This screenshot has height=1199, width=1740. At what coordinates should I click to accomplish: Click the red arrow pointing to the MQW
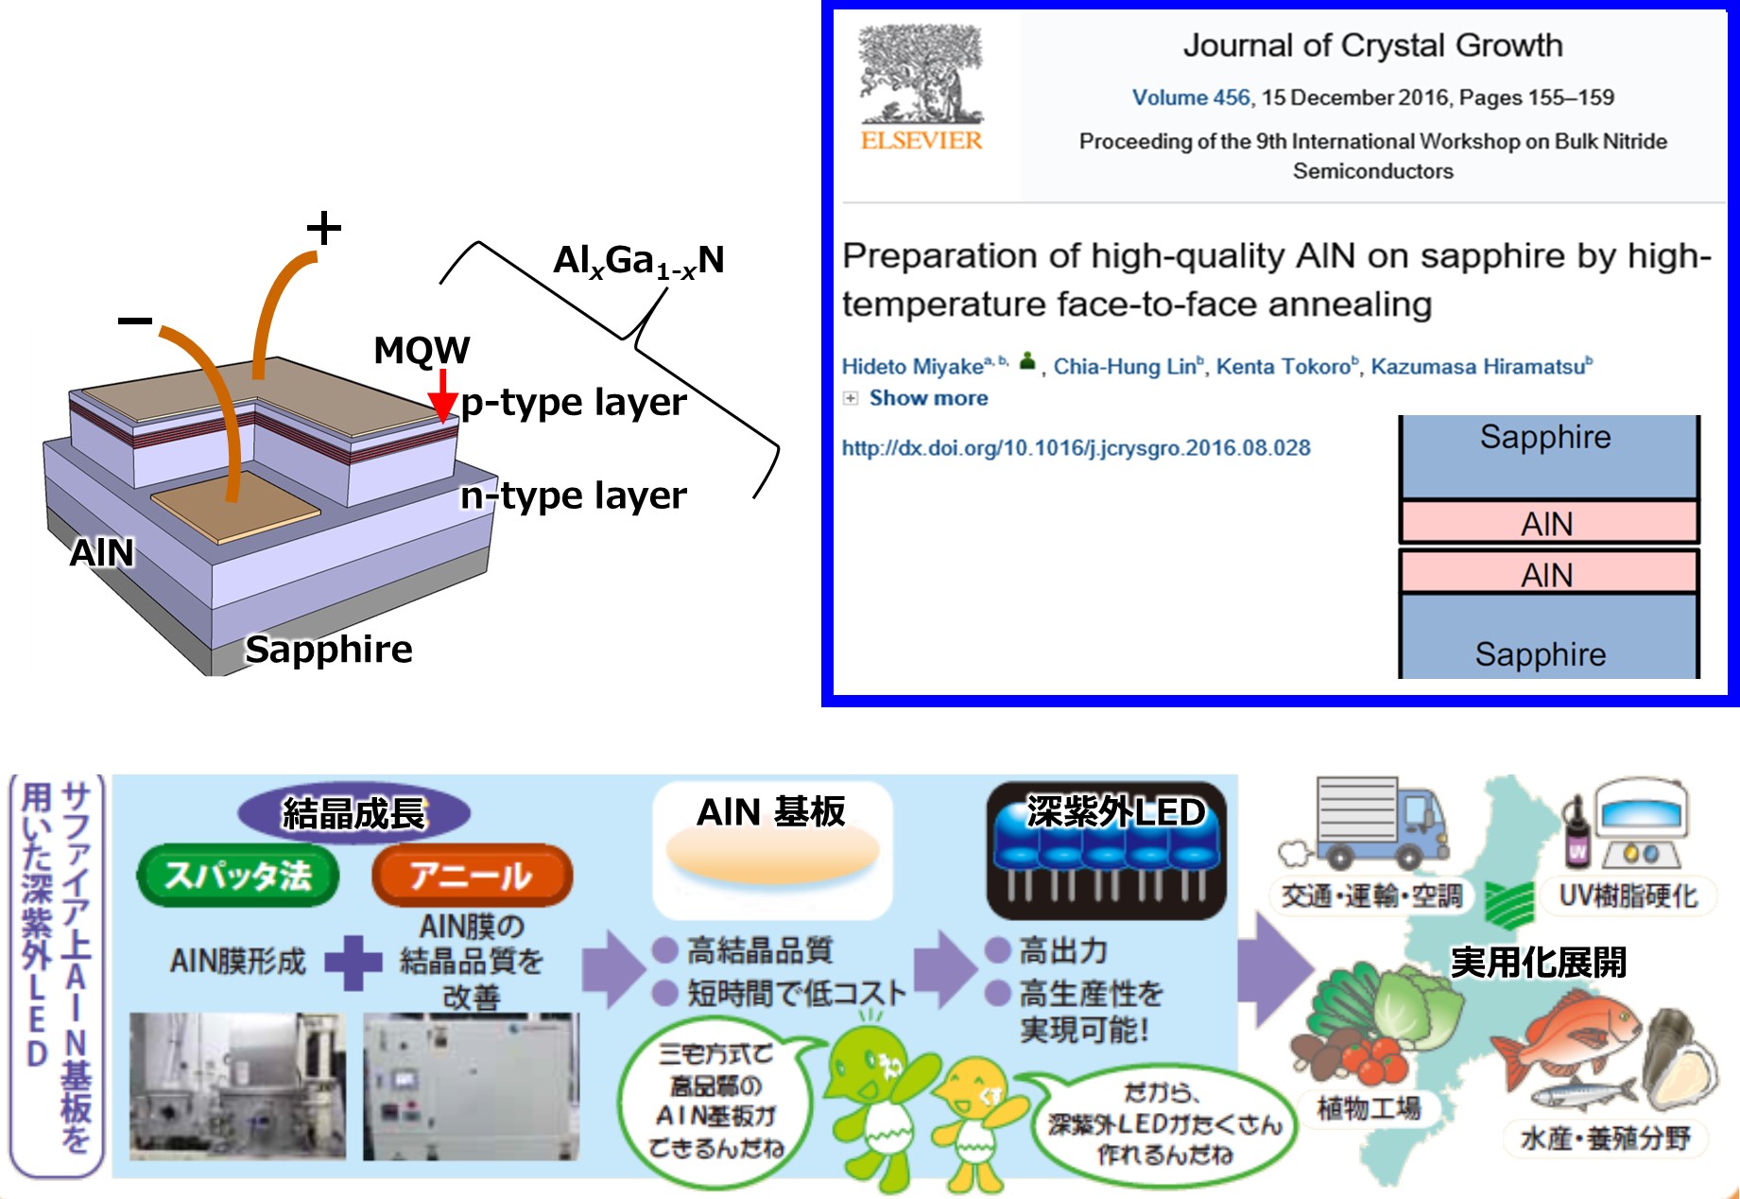click(x=442, y=396)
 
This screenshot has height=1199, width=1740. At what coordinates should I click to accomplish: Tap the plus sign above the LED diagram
click(x=323, y=228)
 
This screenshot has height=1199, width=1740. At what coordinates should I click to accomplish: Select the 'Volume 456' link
click(x=1191, y=97)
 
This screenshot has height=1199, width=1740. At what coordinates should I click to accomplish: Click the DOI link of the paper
click(x=1076, y=448)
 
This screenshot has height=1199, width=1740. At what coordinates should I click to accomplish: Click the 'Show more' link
click(x=928, y=398)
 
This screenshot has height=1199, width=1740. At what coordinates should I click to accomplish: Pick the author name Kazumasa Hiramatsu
click(x=1479, y=366)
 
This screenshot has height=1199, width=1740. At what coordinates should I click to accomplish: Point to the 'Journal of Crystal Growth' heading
click(x=1372, y=45)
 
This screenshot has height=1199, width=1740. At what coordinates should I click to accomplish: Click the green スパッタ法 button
click(x=238, y=875)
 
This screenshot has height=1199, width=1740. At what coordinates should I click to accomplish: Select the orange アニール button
click(x=472, y=876)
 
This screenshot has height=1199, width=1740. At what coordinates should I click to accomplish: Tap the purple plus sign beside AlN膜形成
click(x=353, y=963)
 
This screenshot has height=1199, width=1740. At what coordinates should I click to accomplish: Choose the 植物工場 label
click(x=1369, y=1107)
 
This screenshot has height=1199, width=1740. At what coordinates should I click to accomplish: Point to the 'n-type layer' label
click(x=573, y=495)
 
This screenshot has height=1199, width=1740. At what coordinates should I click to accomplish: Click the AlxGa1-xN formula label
click(x=639, y=261)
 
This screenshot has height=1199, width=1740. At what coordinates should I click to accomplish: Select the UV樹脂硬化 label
click(x=1628, y=895)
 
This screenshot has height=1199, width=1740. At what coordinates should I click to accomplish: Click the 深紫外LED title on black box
click(x=1115, y=811)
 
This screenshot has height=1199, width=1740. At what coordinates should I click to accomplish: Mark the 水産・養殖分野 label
click(x=1605, y=1138)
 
